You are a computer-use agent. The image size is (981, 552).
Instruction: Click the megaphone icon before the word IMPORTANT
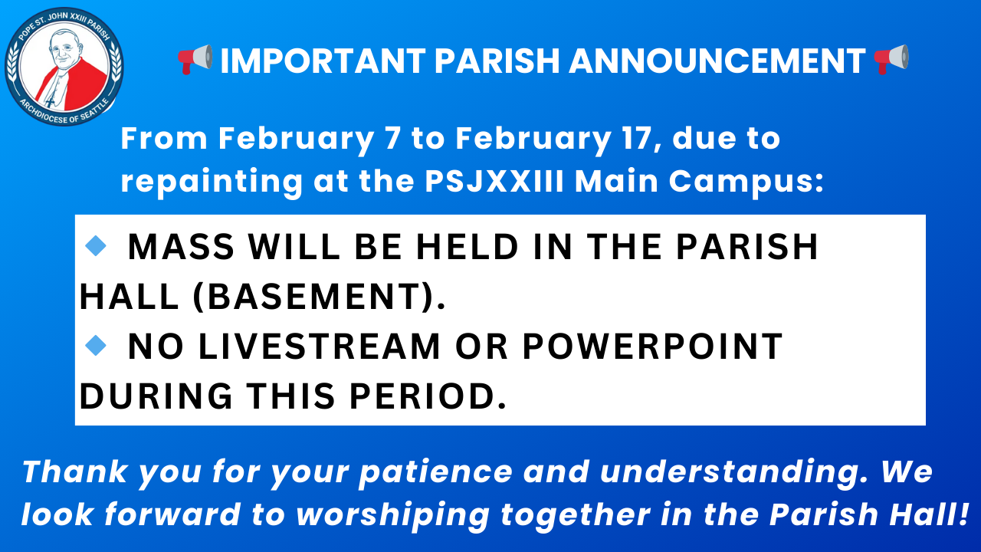(x=195, y=59)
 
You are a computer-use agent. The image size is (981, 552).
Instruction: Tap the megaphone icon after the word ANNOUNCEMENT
(x=891, y=59)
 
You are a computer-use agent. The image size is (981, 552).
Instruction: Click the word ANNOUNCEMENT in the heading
(x=717, y=61)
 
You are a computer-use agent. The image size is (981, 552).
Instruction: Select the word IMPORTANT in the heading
(x=323, y=61)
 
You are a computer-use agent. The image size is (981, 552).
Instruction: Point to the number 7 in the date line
(x=392, y=139)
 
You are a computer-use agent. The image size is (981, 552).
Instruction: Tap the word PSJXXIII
(x=494, y=181)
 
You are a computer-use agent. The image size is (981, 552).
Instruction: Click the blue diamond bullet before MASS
(x=96, y=245)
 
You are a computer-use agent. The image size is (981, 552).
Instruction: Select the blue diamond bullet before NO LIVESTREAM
(x=96, y=345)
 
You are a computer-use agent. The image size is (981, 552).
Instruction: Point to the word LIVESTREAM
(x=319, y=347)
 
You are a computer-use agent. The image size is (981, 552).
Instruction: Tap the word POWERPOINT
(x=652, y=347)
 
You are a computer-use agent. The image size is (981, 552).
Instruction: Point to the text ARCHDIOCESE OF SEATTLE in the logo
(x=64, y=112)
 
